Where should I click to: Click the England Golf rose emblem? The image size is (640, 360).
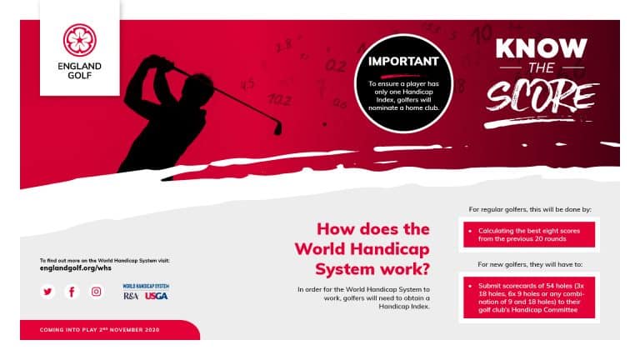pyautogui.click(x=80, y=40)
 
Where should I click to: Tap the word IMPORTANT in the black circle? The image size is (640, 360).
pyautogui.click(x=403, y=61)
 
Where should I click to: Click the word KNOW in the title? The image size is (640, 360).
pyautogui.click(x=541, y=48)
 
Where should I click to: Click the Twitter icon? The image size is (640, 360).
pyautogui.click(x=48, y=291)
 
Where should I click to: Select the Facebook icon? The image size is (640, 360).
pyautogui.click(x=72, y=291)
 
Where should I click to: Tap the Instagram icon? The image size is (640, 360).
pyautogui.click(x=97, y=291)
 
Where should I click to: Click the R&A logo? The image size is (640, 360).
pyautogui.click(x=131, y=296)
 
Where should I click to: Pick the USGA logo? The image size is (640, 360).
pyautogui.click(x=156, y=296)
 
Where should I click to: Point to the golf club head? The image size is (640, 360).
pyautogui.click(x=277, y=128)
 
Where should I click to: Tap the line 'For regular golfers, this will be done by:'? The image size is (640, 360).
pyautogui.click(x=530, y=209)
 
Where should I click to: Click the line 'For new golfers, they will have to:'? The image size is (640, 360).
pyautogui.click(x=530, y=264)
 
